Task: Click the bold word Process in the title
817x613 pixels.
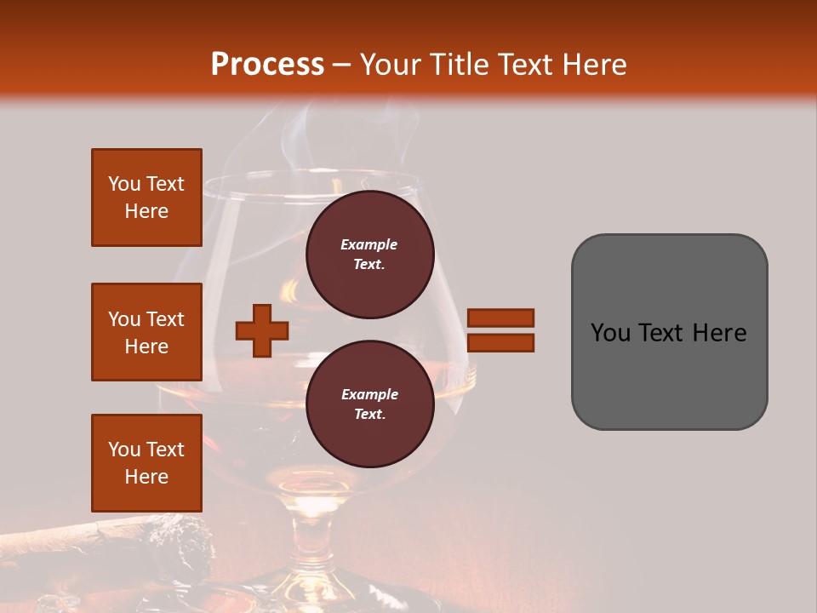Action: click(267, 65)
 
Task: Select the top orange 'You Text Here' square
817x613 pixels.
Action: click(146, 198)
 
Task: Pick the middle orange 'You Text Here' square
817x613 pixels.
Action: click(146, 332)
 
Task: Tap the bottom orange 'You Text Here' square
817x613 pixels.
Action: click(146, 462)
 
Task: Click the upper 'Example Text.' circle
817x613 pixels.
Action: click(369, 255)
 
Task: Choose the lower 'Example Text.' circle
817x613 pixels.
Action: click(369, 404)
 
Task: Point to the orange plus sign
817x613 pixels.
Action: click(262, 330)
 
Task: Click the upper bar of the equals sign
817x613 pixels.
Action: click(501, 318)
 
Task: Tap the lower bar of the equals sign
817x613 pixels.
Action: click(501, 342)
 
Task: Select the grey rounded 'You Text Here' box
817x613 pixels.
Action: click(669, 332)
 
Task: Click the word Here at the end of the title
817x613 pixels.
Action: click(595, 65)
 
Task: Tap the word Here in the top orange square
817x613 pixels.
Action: click(146, 211)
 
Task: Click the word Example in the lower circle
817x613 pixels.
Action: click(369, 394)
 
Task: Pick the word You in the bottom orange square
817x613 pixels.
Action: click(123, 449)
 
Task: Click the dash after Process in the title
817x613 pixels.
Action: click(341, 65)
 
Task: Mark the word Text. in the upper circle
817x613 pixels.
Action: click(369, 265)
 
